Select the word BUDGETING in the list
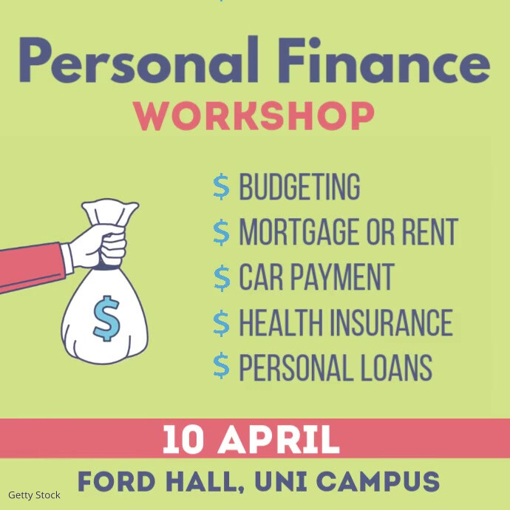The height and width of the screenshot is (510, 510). [x=299, y=188]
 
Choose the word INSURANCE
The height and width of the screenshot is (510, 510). [x=392, y=322]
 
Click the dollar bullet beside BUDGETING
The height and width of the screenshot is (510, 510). [x=221, y=188]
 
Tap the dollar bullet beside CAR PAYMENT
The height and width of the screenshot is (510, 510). [x=221, y=278]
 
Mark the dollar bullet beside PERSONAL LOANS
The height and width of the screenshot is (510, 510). [x=221, y=367]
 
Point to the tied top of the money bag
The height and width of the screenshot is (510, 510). [x=111, y=214]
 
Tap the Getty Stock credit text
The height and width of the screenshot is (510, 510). [x=34, y=495]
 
